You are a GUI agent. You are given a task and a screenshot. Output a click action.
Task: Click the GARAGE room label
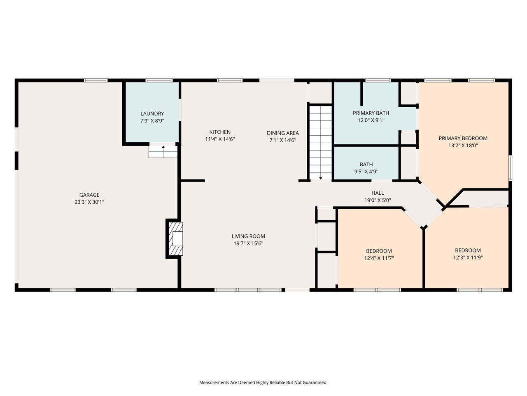click(89, 195)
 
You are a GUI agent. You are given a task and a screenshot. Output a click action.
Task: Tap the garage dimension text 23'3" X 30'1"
click(89, 202)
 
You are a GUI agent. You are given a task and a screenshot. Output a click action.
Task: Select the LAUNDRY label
click(152, 113)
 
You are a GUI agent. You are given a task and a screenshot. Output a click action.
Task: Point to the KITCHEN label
click(220, 132)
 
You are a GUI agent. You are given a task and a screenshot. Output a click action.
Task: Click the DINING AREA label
click(283, 133)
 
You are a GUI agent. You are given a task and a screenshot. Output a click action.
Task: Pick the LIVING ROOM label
click(248, 236)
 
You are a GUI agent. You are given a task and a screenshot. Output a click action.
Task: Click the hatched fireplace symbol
click(176, 238)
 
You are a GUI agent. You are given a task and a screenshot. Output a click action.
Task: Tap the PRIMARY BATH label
click(371, 113)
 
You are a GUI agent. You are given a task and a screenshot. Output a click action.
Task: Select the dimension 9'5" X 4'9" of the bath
click(366, 172)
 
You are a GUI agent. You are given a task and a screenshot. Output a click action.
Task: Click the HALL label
click(378, 193)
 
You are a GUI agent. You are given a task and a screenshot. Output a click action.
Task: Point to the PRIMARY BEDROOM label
click(463, 138)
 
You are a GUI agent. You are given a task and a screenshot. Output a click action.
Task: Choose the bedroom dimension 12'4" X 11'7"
click(379, 258)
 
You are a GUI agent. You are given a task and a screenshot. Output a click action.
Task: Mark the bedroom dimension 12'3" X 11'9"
click(468, 257)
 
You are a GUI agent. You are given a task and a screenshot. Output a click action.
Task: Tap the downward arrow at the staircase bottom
click(320, 178)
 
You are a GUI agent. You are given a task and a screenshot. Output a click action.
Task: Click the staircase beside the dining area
click(320, 142)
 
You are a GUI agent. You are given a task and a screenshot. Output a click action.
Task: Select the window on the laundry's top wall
click(159, 80)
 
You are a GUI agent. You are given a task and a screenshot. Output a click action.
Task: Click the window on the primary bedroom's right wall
click(510, 168)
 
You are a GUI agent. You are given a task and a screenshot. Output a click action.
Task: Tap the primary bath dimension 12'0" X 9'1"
click(371, 120)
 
